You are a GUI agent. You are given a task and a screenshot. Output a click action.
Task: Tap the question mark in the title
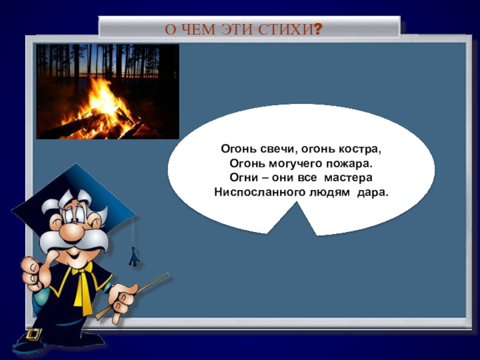[317, 29]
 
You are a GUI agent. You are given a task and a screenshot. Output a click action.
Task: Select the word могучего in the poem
[292, 163]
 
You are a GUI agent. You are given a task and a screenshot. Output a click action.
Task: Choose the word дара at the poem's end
[373, 193]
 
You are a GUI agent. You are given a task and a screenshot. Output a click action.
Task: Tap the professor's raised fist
[30, 273]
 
